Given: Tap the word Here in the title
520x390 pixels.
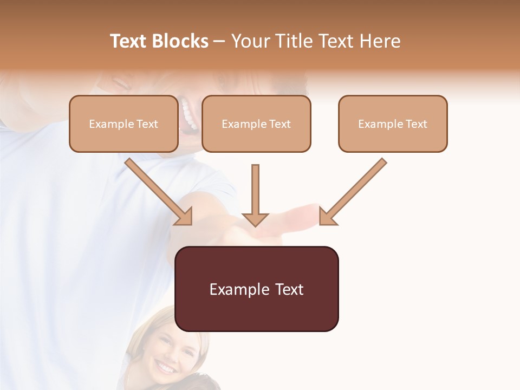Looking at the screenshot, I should point(379,41).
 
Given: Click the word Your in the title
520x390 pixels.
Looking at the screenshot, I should point(250,41).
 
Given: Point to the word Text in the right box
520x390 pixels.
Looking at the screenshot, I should point(417,124).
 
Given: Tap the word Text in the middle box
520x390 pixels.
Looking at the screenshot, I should point(280,124).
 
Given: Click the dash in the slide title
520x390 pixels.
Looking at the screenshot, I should point(220,41).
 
